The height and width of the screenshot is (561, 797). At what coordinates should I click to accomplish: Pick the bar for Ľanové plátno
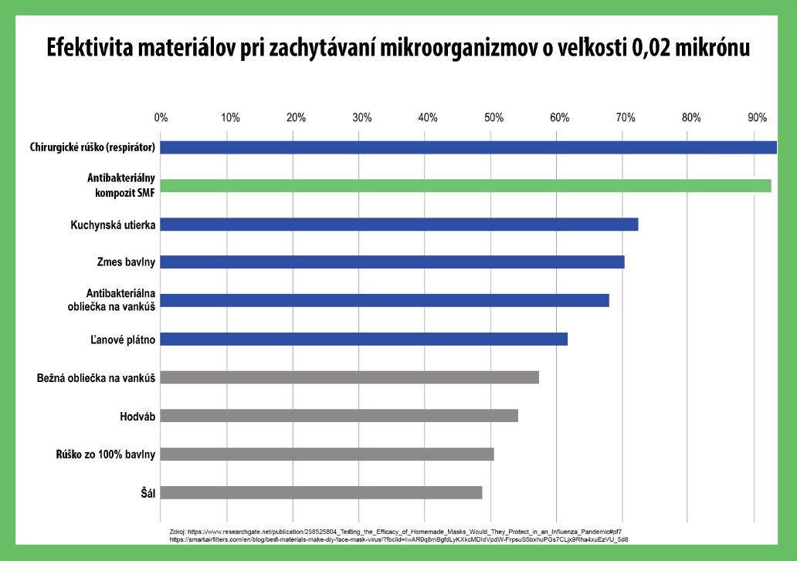click(364, 339)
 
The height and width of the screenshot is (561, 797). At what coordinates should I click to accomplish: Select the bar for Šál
click(321, 492)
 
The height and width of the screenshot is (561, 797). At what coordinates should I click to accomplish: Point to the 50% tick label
click(493, 118)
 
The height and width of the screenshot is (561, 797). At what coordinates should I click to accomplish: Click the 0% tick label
click(161, 118)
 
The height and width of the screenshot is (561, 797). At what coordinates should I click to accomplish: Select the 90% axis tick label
click(757, 118)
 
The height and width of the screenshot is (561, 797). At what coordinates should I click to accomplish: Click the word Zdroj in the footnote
click(177, 532)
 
